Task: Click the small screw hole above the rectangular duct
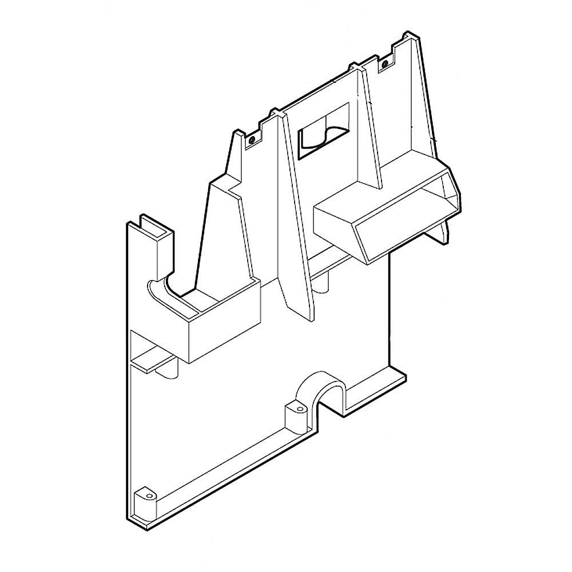pos(386,62)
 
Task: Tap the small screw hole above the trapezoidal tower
pos(251,138)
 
